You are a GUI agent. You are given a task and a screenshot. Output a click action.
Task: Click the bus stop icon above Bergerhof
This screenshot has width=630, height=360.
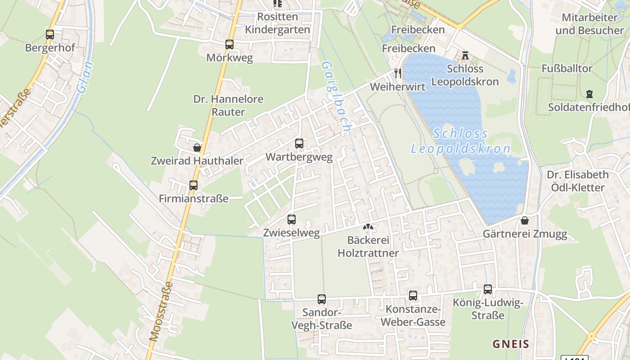coord(50,34)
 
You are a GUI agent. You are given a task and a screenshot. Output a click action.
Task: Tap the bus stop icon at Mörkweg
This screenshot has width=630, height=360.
coord(229,45)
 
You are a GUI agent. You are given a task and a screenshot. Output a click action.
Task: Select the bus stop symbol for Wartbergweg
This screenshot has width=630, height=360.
coord(299,144)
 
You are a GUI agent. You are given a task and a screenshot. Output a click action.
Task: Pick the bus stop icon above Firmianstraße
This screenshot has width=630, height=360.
coord(193,185)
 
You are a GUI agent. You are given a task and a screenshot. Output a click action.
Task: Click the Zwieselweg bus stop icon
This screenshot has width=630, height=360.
coord(292,220)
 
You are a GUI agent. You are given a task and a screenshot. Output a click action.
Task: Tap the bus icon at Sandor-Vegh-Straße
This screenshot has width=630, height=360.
coord(322,299)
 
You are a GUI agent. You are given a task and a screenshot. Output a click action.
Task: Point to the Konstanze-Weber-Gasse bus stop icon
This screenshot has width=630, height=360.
coord(413,296)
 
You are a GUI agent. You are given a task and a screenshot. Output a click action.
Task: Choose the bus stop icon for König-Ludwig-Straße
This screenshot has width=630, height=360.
coord(488,289)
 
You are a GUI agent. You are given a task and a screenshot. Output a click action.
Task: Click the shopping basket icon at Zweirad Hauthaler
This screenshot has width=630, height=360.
coord(197,147)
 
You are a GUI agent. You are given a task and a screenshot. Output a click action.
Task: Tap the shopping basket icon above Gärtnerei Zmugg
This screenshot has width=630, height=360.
coord(525,220)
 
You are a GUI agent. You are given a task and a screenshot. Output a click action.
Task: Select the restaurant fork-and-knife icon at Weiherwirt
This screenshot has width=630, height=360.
coord(398,73)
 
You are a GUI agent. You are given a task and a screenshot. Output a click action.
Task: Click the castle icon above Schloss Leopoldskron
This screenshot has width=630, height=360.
coord(465,56)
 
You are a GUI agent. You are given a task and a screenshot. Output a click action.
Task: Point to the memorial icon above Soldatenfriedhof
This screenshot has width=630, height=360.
coord(589,94)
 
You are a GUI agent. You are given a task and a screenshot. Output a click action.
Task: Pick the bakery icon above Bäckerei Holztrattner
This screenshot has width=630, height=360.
coord(368,227)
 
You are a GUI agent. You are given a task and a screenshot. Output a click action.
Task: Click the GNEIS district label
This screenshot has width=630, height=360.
coord(511,344)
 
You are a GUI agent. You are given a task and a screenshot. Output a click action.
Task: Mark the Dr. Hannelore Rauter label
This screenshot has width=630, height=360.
coord(228,105)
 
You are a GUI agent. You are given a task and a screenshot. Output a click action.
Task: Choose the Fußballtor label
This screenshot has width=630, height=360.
coord(567,69)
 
